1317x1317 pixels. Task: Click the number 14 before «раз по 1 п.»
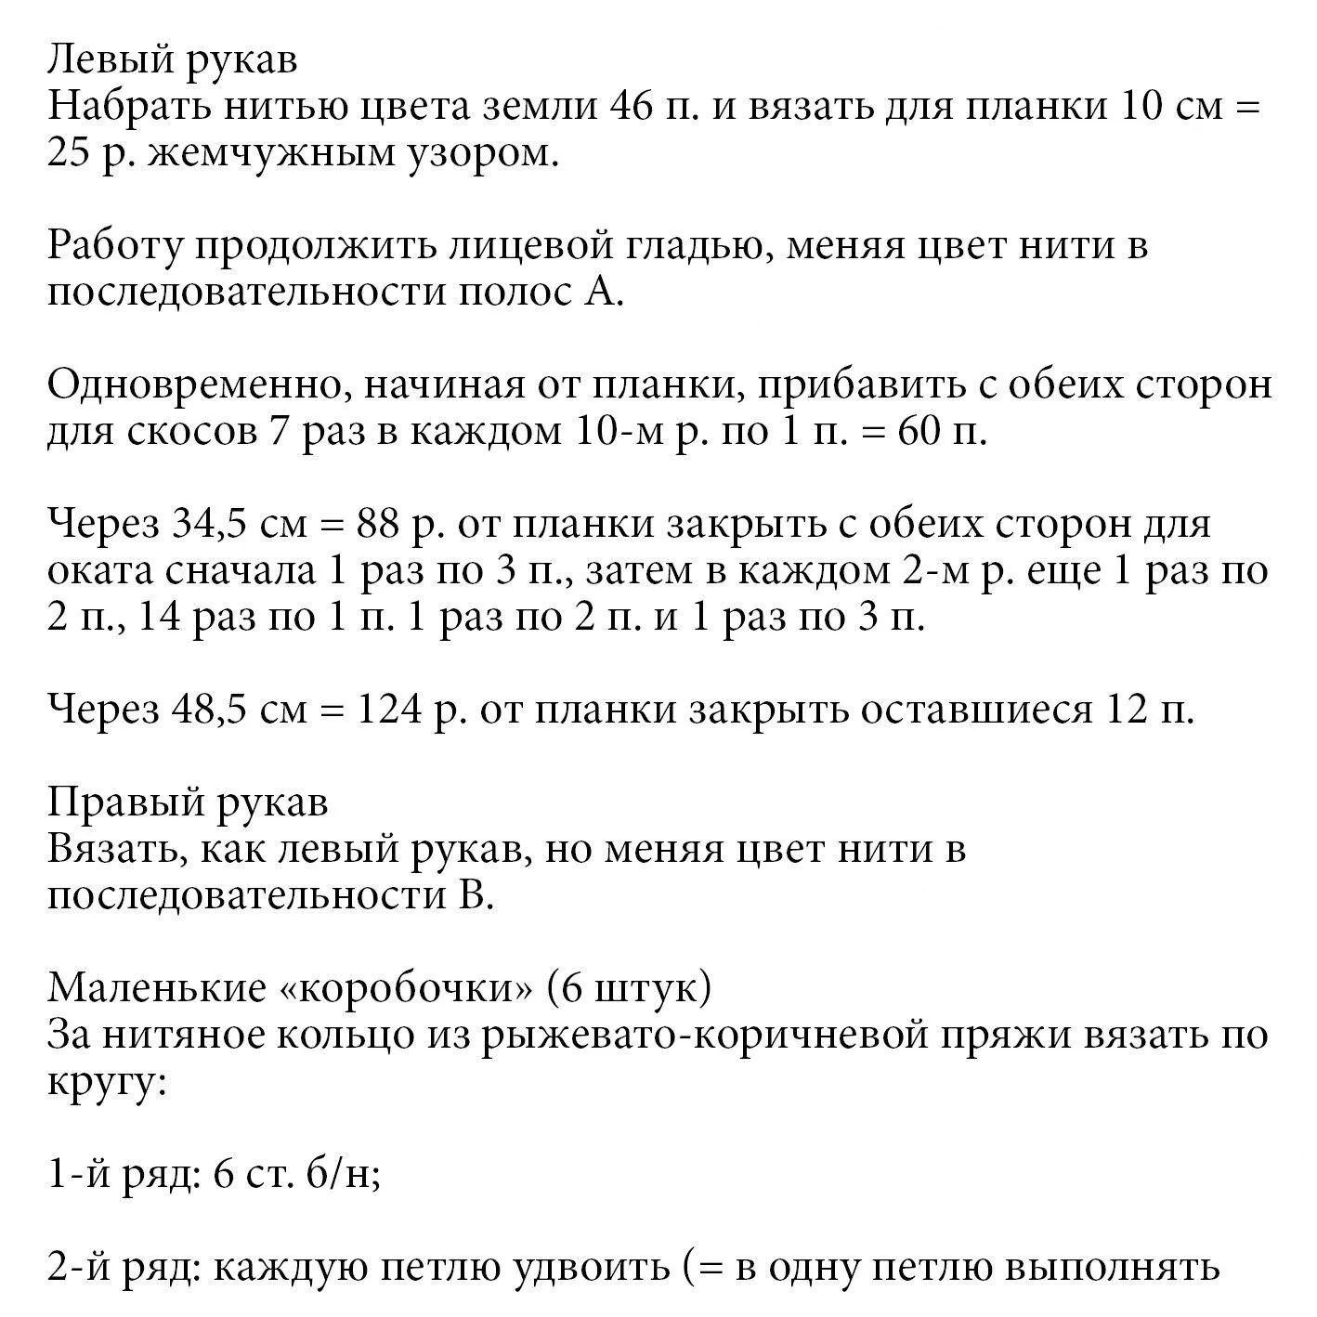[x=159, y=619]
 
